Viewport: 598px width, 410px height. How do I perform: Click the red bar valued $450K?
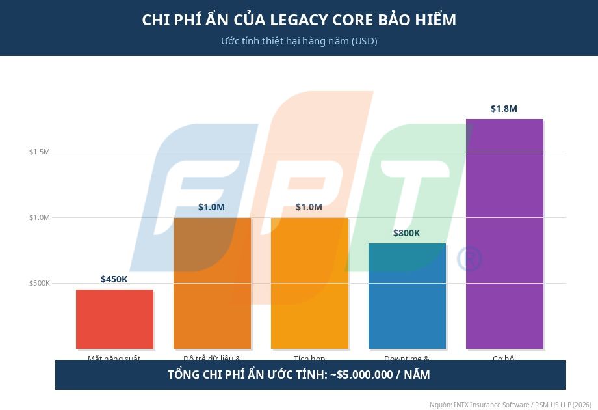coord(114,319)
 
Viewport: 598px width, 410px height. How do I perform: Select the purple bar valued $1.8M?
coord(504,234)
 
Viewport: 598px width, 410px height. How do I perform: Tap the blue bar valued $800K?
coord(407,296)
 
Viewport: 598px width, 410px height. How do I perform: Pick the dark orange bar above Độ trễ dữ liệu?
coord(212,283)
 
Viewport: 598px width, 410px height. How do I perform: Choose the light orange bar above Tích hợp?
coord(309,283)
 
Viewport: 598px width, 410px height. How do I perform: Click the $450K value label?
coord(114,279)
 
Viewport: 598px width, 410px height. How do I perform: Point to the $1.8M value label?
coord(504,109)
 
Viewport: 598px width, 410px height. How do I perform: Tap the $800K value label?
coord(407,233)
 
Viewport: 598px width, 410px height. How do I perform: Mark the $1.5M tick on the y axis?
coord(39,152)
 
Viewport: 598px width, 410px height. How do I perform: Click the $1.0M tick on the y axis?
coord(39,217)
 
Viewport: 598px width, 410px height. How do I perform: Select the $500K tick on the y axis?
coord(39,283)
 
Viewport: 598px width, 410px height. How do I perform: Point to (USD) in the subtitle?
coord(365,41)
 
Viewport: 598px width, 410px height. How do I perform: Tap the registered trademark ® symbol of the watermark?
coord(469,259)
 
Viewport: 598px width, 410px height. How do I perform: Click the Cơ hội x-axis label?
coord(504,358)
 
